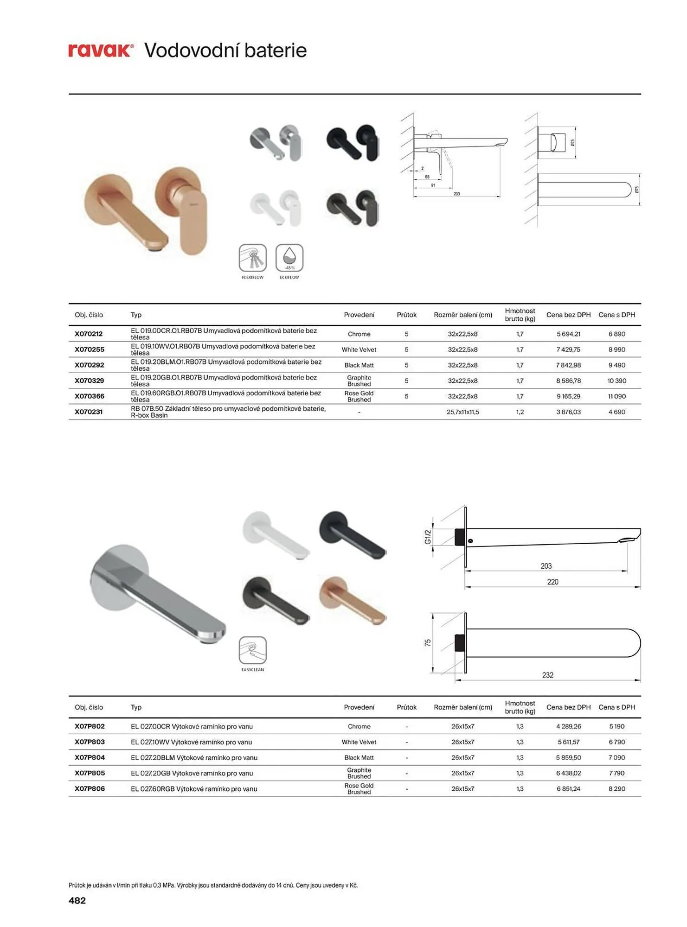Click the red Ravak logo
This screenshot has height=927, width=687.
(x=101, y=50)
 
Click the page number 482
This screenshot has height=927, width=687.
(x=77, y=900)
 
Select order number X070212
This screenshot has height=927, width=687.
(x=89, y=334)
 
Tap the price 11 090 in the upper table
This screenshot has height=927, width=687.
(x=616, y=396)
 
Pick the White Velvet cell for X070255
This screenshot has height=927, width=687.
(x=359, y=349)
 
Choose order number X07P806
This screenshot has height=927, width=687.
(x=90, y=788)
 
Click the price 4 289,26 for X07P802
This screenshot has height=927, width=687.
(x=568, y=726)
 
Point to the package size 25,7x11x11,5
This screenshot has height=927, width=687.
(x=462, y=412)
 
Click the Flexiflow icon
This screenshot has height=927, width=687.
(x=253, y=258)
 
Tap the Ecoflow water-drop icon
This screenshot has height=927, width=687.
(x=289, y=258)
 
